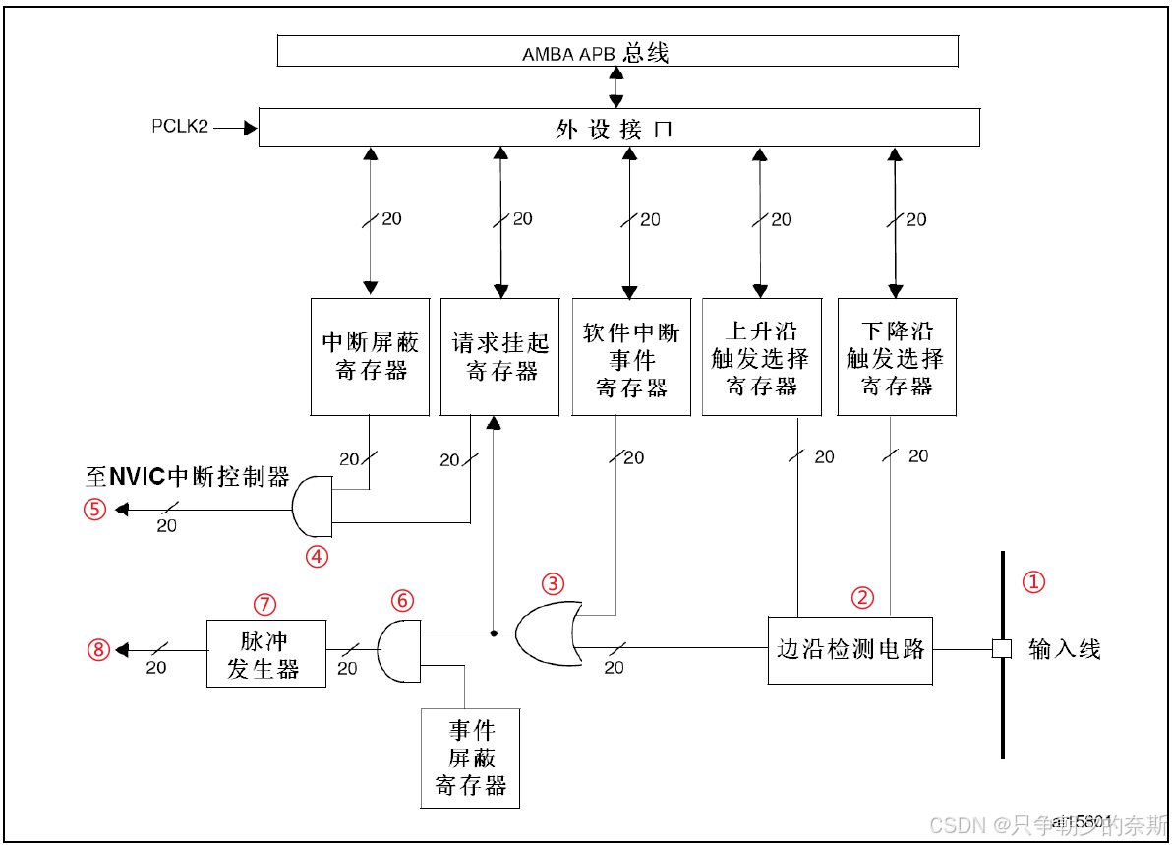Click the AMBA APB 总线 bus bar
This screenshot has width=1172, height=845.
tap(617, 51)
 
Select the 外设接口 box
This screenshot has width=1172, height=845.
tap(618, 128)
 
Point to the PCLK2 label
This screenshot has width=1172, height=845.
tap(180, 127)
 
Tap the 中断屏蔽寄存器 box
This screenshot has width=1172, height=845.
tap(370, 356)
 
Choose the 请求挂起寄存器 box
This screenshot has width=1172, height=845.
tap(501, 356)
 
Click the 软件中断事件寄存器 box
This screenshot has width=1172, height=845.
tap(631, 356)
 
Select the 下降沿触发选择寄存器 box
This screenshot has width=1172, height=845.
tap(896, 356)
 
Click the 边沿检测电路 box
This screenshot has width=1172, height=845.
tap(850, 649)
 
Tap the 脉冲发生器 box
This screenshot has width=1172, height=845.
tap(265, 653)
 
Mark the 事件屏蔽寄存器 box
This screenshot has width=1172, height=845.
tap(470, 757)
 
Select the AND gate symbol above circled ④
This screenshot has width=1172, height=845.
tap(314, 507)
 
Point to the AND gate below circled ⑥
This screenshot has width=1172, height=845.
tap(398, 649)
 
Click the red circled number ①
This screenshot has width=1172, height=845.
tap(1032, 581)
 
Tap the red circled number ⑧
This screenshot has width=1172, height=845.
tap(96, 649)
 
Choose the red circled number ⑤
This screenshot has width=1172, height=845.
tap(94, 510)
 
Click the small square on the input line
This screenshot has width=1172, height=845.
tap(1001, 648)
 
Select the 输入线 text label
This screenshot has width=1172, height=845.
tap(1064, 649)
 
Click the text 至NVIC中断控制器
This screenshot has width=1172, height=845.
tap(187, 478)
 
